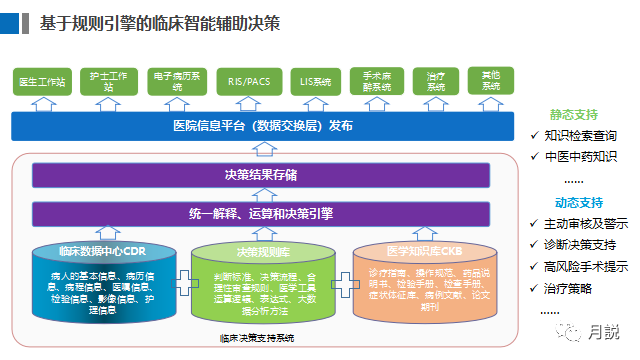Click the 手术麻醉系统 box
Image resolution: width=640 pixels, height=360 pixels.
pos(376,81)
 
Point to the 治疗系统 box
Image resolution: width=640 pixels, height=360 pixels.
pos(435,81)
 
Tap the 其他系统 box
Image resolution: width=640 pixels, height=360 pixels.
pos(491,81)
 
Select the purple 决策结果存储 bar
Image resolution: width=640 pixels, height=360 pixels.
pos(262,175)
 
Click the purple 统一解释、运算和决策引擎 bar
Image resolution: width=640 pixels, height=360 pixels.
pos(262,213)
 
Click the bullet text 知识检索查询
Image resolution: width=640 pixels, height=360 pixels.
pos(580,135)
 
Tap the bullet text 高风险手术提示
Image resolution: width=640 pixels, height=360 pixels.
pos(586,266)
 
